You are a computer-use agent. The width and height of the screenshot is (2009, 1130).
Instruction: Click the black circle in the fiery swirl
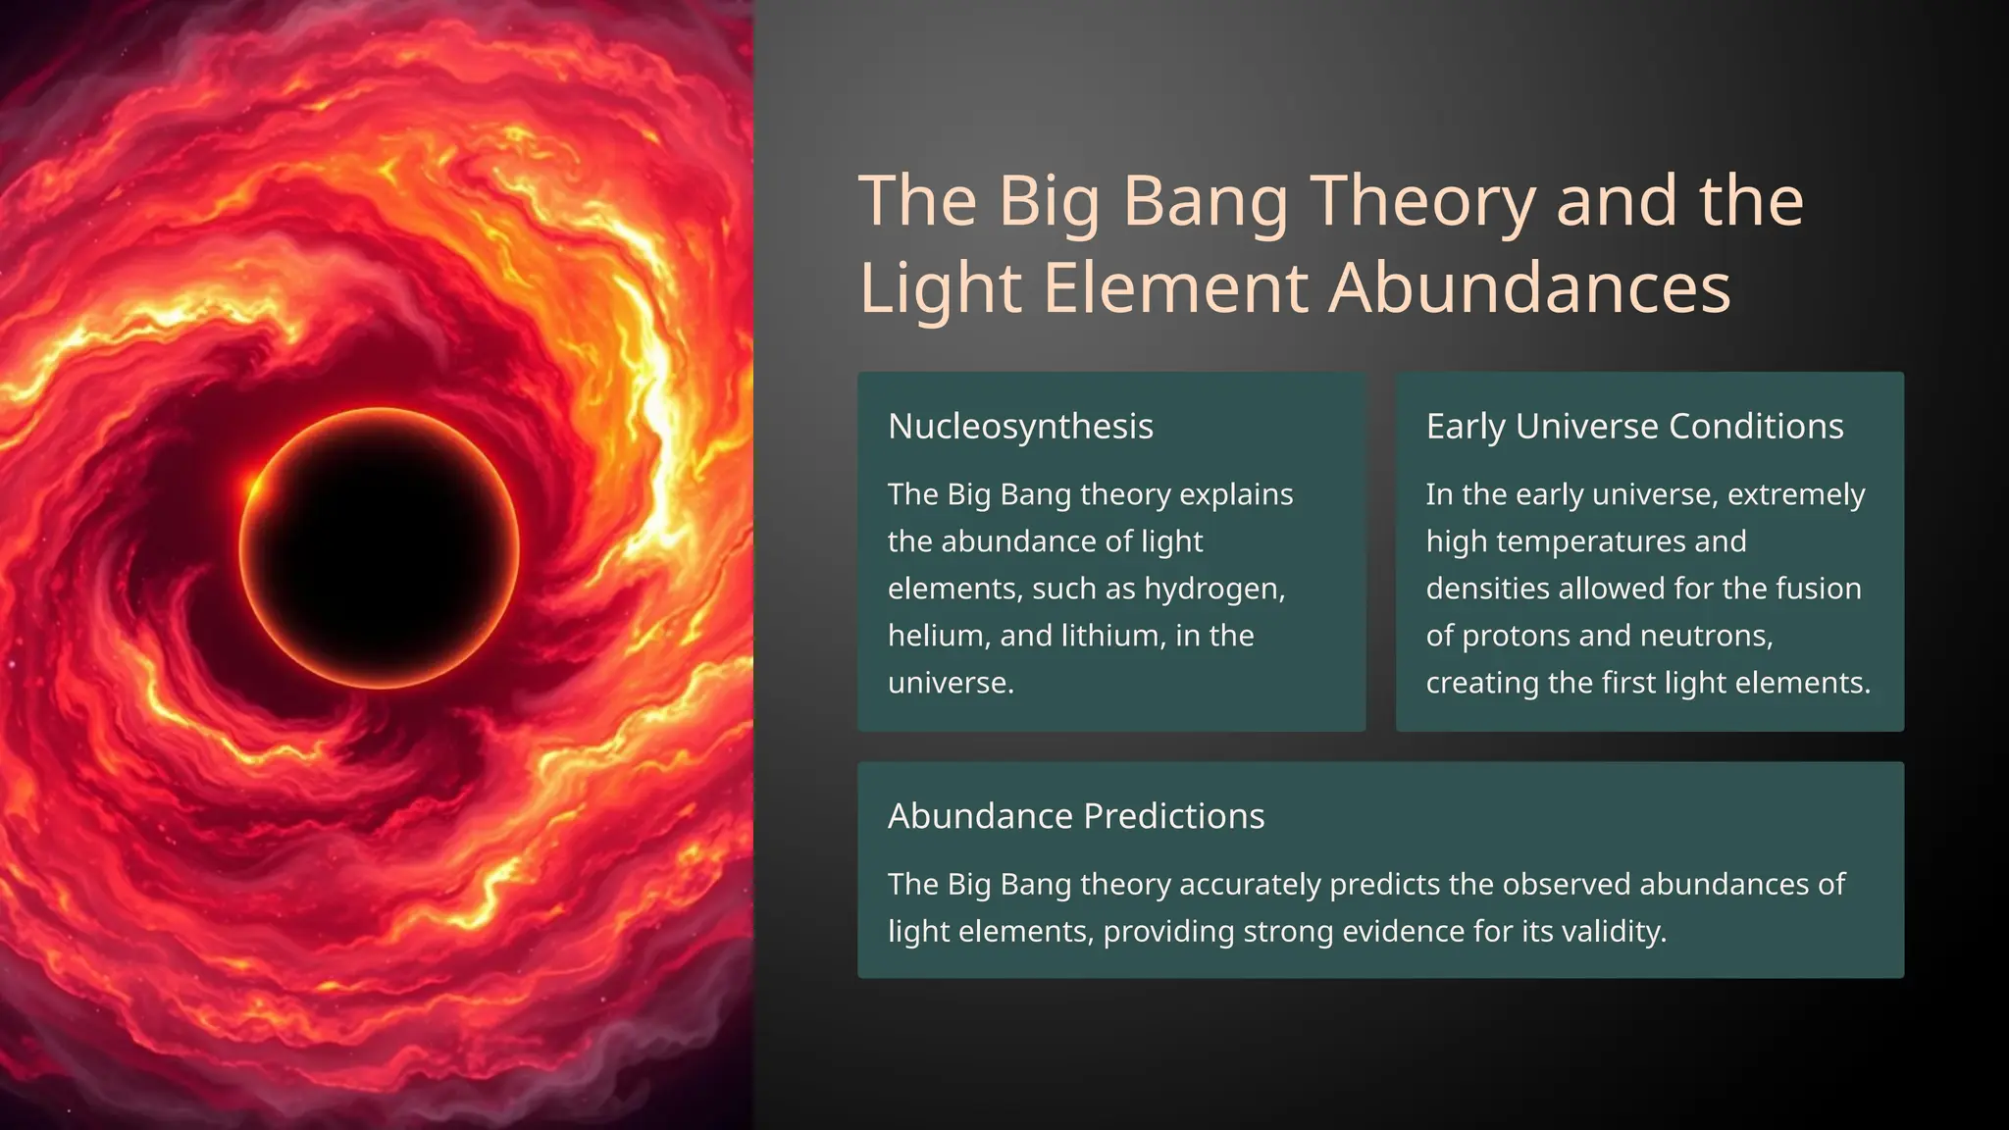tap(380, 548)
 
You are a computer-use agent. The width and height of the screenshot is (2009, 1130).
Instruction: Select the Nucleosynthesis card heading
tap(1020, 427)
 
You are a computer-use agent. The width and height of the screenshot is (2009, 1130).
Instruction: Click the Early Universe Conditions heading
tap(1634, 427)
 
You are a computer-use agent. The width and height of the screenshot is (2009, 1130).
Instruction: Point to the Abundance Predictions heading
tap(1076, 816)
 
